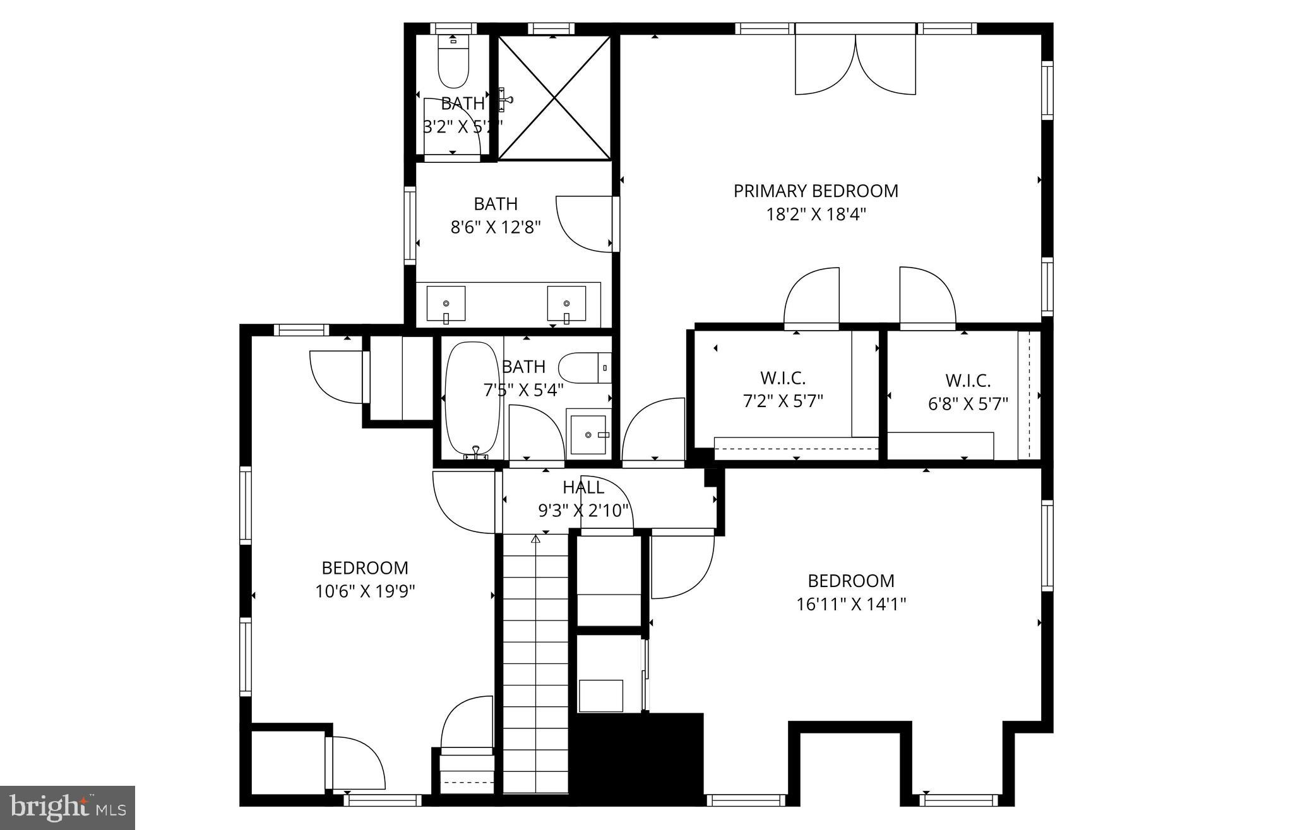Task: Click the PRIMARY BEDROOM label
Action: coord(816,191)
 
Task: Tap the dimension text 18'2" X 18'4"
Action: coord(816,215)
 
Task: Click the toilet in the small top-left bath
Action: coord(453,63)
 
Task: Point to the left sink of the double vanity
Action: coord(446,304)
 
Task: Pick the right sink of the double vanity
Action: coord(566,304)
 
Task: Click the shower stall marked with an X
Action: coord(554,98)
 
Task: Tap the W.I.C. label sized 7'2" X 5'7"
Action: coord(783,378)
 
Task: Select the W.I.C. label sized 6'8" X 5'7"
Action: coord(968,381)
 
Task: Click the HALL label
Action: coord(583,487)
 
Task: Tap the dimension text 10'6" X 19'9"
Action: coord(366,591)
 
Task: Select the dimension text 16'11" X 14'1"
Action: coord(851,604)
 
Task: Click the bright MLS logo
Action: coord(68,807)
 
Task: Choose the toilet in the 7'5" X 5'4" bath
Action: coord(585,368)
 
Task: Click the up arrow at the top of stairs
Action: coord(536,539)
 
